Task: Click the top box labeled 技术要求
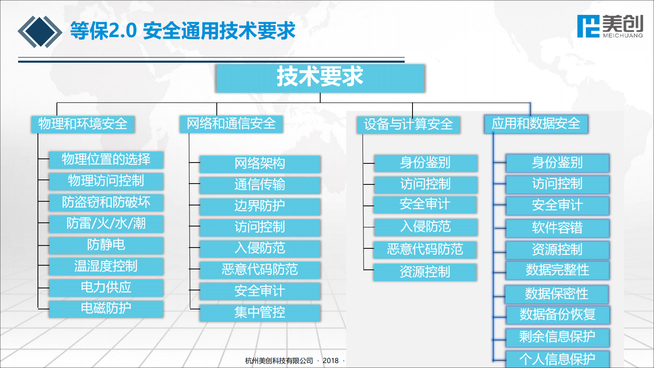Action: pyautogui.click(x=320, y=78)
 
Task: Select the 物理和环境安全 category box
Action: pyautogui.click(x=83, y=124)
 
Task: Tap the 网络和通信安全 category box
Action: pyautogui.click(x=231, y=124)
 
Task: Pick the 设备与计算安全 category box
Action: pyautogui.click(x=408, y=125)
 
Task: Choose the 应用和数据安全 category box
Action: pyautogui.click(x=536, y=124)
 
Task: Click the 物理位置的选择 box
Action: pyautogui.click(x=106, y=160)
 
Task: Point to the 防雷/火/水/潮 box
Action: pyautogui.click(x=106, y=224)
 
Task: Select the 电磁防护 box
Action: pyautogui.click(x=106, y=309)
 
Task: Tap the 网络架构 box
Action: pyautogui.click(x=260, y=164)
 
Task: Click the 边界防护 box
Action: pyautogui.click(x=260, y=206)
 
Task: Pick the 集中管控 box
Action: pyautogui.click(x=260, y=313)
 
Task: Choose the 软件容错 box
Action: pyautogui.click(x=557, y=228)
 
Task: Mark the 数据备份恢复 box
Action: pyautogui.click(x=558, y=315)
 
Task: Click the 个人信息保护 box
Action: pyautogui.click(x=557, y=359)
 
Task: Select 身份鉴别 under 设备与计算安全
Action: pyautogui.click(x=425, y=163)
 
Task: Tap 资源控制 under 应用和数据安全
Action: pyautogui.click(x=557, y=250)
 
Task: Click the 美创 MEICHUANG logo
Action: pyautogui.click(x=610, y=26)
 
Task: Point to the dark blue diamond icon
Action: pyautogui.click(x=40, y=32)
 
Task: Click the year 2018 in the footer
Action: pyautogui.click(x=331, y=361)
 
